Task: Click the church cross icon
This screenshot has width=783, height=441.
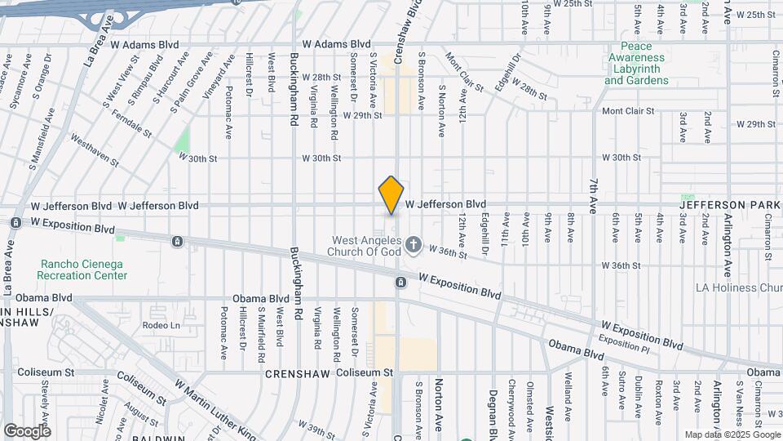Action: (414, 243)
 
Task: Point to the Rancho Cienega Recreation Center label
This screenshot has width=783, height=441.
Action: (84, 269)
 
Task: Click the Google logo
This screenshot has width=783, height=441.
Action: (27, 431)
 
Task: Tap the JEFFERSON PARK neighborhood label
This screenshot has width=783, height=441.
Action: (732, 204)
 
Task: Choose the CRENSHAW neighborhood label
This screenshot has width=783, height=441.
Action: (296, 373)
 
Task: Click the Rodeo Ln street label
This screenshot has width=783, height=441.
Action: (160, 325)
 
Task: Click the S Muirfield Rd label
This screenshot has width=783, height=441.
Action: (262, 334)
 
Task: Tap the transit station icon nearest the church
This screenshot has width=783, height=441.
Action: (400, 283)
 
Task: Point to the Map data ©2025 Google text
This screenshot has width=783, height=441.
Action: (732, 434)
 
